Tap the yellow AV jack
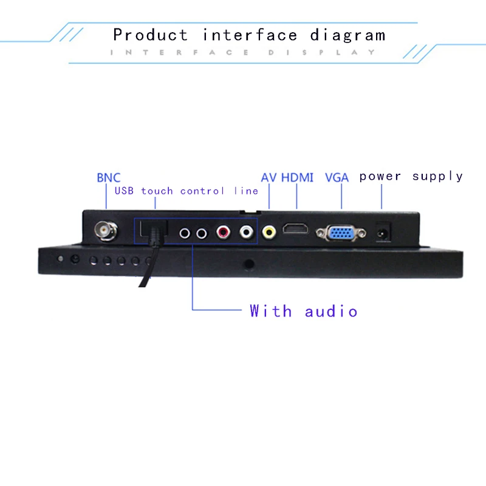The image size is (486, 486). pos(269,232)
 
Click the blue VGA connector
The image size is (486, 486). pos(341,233)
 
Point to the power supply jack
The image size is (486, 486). pos(383,231)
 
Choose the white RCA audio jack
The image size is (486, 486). pos(246,231)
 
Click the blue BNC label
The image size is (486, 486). pos(109,178)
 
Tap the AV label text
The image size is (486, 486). pos(269,177)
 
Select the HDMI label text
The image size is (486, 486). pos(297,177)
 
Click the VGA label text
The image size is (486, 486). pos(337,177)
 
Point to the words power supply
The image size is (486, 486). pos(411,176)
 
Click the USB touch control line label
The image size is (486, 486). pos(187,191)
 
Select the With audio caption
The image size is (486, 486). pos(303,311)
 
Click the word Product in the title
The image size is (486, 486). pos(150,35)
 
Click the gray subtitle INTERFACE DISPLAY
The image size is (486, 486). pos(243,53)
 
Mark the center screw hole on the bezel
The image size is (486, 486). pos(248,264)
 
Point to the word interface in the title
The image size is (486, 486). pos(250,35)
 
